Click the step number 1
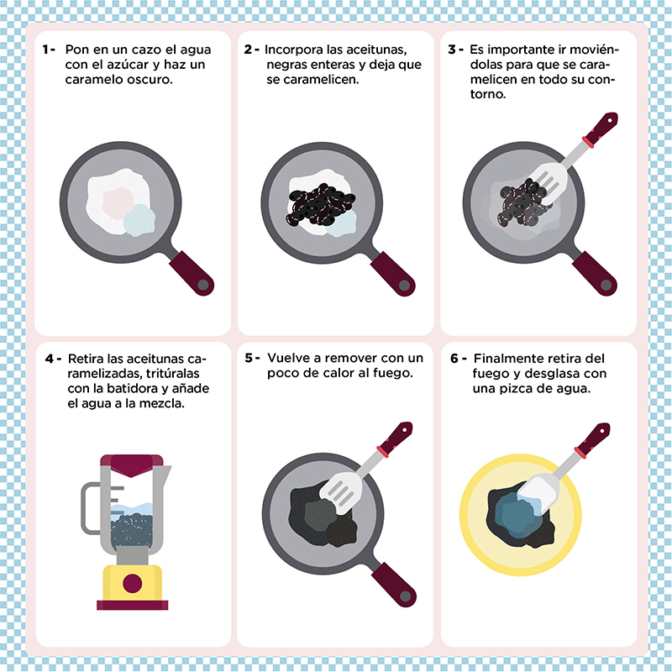point(46,50)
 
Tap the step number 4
point(50,359)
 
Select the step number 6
point(454,359)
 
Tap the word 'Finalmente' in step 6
point(506,359)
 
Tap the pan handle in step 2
point(393,274)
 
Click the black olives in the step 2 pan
point(321,204)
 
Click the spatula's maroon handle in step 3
point(602,128)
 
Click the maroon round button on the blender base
point(133,583)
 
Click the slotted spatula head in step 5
point(341,493)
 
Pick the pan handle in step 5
point(394,585)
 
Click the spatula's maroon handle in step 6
point(595,438)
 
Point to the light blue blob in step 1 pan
point(139,220)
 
